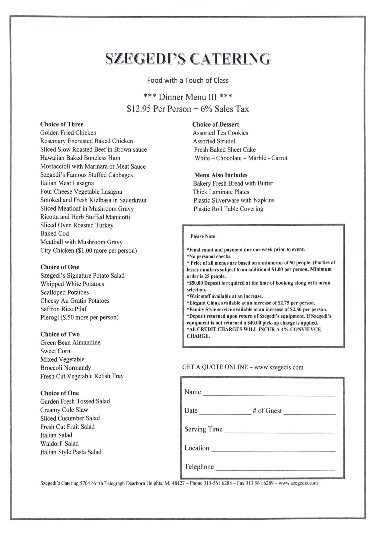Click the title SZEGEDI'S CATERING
coord(188,59)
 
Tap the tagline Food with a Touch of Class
coord(188,80)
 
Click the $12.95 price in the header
coord(139,109)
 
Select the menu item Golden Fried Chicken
coord(68,133)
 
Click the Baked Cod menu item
coord(54,233)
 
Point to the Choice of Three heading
coord(62,124)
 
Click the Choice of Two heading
coord(60,334)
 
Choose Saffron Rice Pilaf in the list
coord(64,309)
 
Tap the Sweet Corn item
coord(55,351)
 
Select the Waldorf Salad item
coord(59,443)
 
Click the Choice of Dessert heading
coord(215,124)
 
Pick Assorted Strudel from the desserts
coord(214,141)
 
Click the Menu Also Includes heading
coord(221,175)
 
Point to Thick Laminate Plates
coord(221,192)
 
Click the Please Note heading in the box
coord(203,236)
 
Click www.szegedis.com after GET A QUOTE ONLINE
coord(279,367)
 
